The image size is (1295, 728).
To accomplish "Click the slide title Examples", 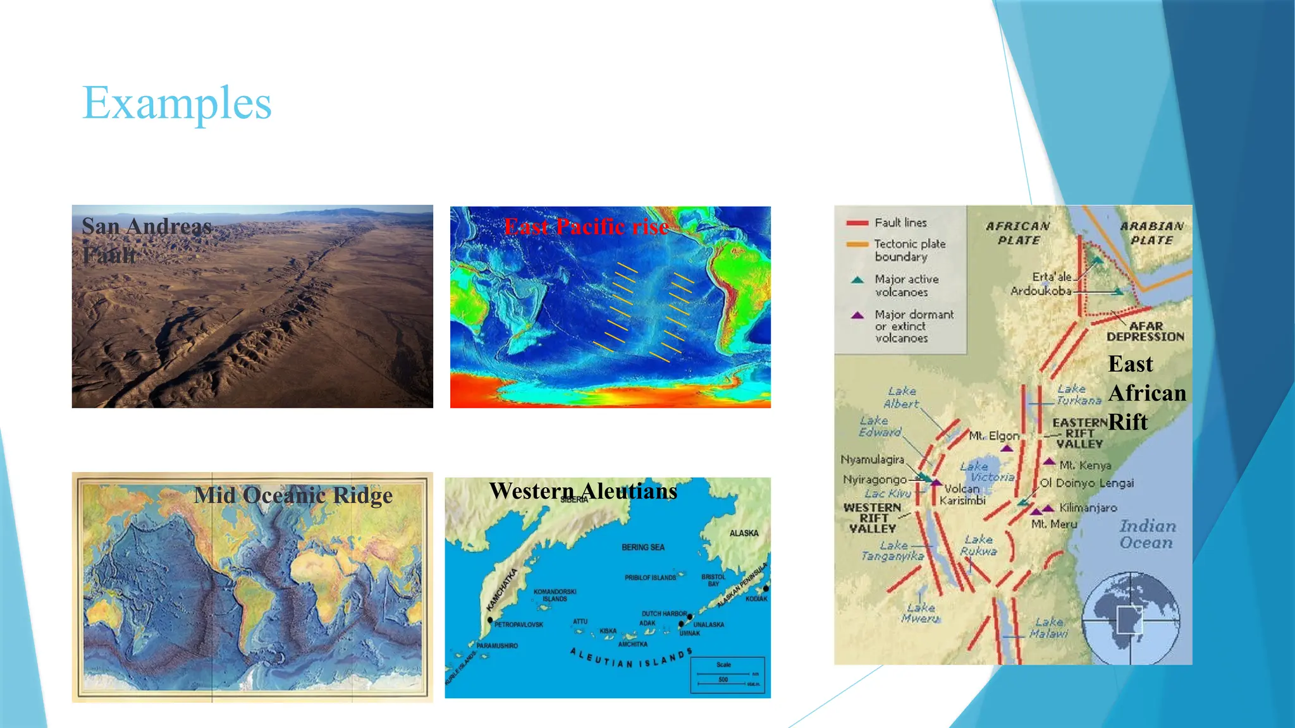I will pos(177,103).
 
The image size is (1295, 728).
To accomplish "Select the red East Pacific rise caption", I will pos(586,226).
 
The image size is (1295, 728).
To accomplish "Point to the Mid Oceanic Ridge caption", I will pos(293,495).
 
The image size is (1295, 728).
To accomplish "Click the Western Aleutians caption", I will pos(583,491).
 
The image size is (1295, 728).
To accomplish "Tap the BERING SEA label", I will pos(642,547).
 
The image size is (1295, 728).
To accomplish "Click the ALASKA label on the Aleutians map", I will pos(744,533).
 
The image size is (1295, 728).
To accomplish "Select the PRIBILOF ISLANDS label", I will pos(650,578).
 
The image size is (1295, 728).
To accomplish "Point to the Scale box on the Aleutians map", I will pos(728,675).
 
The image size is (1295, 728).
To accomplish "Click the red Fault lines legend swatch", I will pos(857,223).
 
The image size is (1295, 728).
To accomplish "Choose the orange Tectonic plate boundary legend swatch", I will pos(857,244).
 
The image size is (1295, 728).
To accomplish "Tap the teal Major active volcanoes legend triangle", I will pos(857,280).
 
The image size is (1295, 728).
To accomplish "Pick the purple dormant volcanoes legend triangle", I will pos(857,315).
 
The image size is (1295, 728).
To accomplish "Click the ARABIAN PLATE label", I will pos(1151,233).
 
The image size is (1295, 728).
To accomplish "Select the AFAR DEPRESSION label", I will pos(1145,331).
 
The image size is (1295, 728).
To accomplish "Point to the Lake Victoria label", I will pos(986,471).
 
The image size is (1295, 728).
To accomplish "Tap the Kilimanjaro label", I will pos(1088,507).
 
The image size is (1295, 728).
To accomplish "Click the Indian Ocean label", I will pos(1147,534).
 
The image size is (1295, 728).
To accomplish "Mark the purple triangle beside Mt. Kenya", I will pos(1049,462).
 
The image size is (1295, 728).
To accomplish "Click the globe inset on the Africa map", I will pos(1130,619).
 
